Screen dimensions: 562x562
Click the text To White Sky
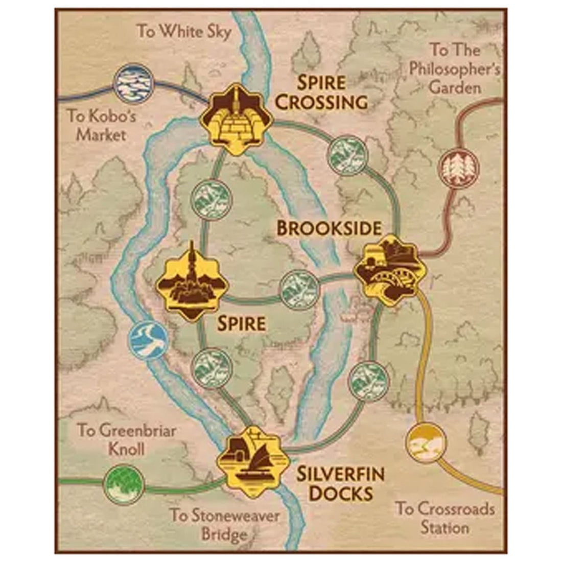(x=184, y=32)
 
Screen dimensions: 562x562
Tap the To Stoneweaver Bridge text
(x=225, y=524)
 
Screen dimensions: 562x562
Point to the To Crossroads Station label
(x=445, y=518)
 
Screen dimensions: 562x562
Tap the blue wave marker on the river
(x=148, y=340)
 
